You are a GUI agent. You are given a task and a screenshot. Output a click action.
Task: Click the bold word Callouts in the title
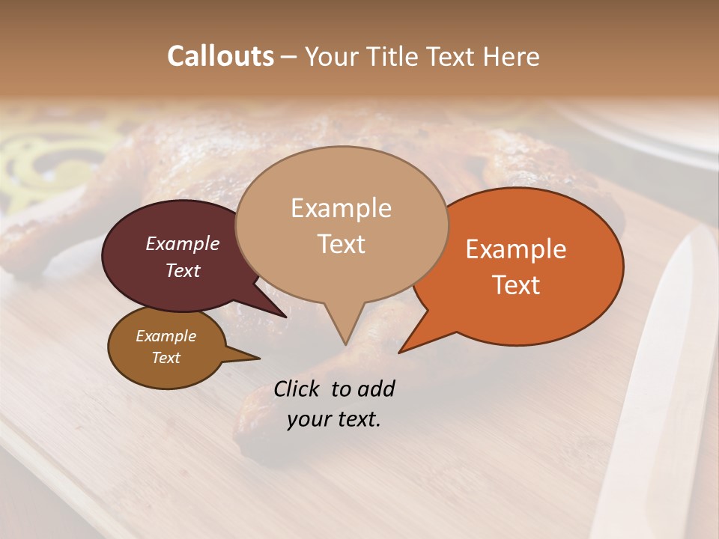[x=220, y=56]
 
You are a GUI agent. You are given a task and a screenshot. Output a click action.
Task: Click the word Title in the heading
[x=394, y=56]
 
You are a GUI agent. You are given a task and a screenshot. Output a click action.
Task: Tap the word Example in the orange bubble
[x=516, y=249]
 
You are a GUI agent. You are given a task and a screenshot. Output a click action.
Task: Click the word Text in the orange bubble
[x=516, y=284]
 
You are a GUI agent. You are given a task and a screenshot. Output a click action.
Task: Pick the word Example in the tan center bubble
[x=341, y=208]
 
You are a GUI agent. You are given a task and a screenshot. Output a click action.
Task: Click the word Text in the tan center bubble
[x=341, y=243]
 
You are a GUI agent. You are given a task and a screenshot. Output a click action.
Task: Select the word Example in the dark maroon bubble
[x=182, y=243]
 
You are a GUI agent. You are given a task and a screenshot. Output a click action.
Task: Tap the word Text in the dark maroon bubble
[x=182, y=270]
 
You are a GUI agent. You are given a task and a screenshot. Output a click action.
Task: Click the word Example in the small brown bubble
[x=166, y=336]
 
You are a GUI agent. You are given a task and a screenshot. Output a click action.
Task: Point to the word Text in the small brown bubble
[x=166, y=358]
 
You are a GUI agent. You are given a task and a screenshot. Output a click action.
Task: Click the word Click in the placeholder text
[x=297, y=389]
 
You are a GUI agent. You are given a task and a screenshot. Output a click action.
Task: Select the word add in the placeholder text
[x=376, y=389]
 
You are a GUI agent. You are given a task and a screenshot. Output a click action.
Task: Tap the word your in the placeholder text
[x=308, y=419]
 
